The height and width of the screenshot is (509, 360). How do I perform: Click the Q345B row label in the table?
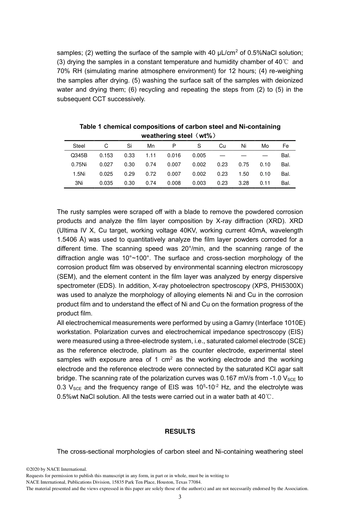coord(79,155)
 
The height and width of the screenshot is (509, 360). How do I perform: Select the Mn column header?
coord(151,146)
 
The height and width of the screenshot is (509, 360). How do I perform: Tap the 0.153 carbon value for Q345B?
coord(106,155)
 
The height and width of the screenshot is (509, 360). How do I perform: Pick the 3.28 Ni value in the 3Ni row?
coord(244,183)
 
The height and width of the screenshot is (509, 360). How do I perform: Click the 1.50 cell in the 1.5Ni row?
coord(244,174)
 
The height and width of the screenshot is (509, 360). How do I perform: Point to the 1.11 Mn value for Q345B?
coord(151,155)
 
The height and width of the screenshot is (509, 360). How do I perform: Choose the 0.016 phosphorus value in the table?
coord(174,155)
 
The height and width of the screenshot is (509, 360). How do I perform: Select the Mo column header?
coord(265,146)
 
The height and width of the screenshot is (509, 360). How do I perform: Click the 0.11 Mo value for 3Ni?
coord(265,183)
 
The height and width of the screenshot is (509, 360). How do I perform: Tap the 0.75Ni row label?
coord(79,164)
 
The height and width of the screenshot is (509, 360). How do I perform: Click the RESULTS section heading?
coord(180,431)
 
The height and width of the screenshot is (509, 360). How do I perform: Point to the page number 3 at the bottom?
coord(180,497)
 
